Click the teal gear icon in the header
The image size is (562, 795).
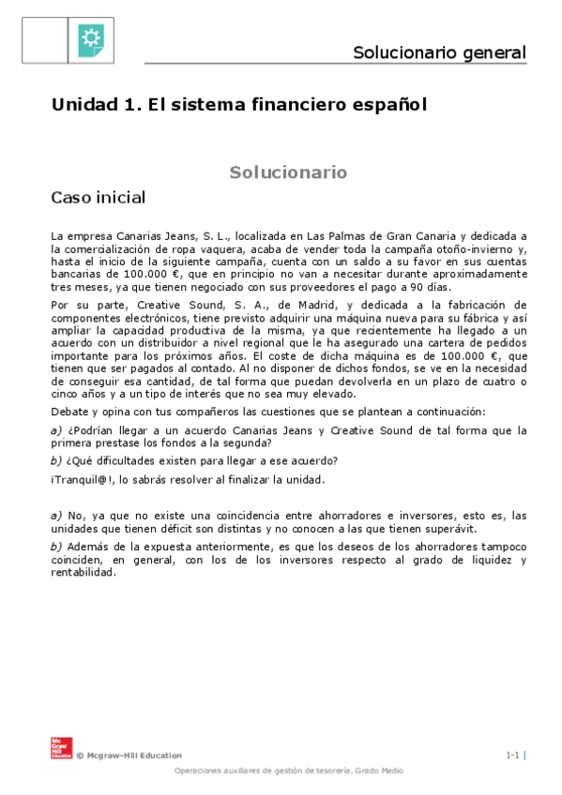click(x=91, y=37)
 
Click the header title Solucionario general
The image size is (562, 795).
click(x=439, y=52)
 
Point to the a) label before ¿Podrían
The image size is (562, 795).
click(x=56, y=430)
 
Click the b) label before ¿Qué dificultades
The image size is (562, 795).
click(x=56, y=460)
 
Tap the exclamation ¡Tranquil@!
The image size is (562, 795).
click(x=83, y=480)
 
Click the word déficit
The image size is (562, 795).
click(x=175, y=528)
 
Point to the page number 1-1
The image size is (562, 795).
click(x=512, y=755)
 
